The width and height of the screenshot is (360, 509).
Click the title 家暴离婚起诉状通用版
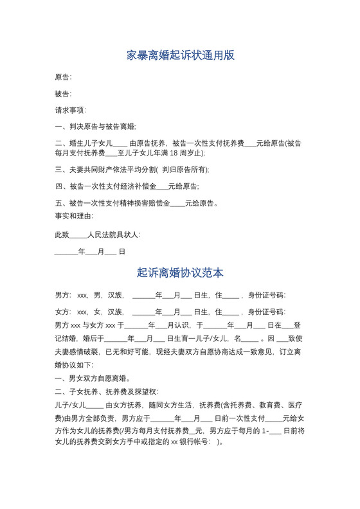point(180,55)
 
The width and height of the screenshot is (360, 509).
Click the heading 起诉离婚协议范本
point(180,272)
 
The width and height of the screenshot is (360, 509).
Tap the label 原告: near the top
point(63,77)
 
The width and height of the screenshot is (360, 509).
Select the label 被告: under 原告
point(63,94)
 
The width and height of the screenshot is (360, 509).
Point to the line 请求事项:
point(71,111)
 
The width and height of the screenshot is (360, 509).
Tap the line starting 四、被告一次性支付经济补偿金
point(127,186)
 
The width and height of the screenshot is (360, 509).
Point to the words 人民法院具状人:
point(114,235)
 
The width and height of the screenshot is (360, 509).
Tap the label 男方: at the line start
point(63,296)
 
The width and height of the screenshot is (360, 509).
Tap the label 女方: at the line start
point(63,312)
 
